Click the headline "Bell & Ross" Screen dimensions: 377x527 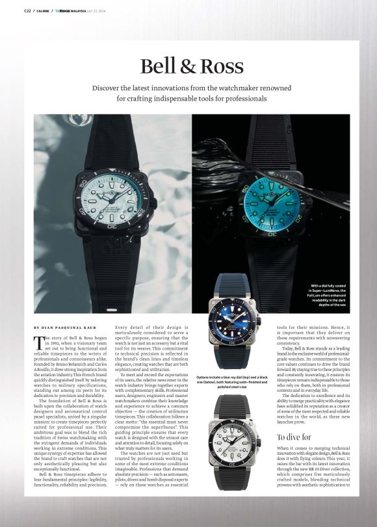pos(192,66)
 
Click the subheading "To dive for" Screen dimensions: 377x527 pos(294,437)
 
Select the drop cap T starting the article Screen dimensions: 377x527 pos(40,342)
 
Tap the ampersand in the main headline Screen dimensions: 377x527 pos(192,66)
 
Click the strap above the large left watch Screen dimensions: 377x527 pos(114,136)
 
